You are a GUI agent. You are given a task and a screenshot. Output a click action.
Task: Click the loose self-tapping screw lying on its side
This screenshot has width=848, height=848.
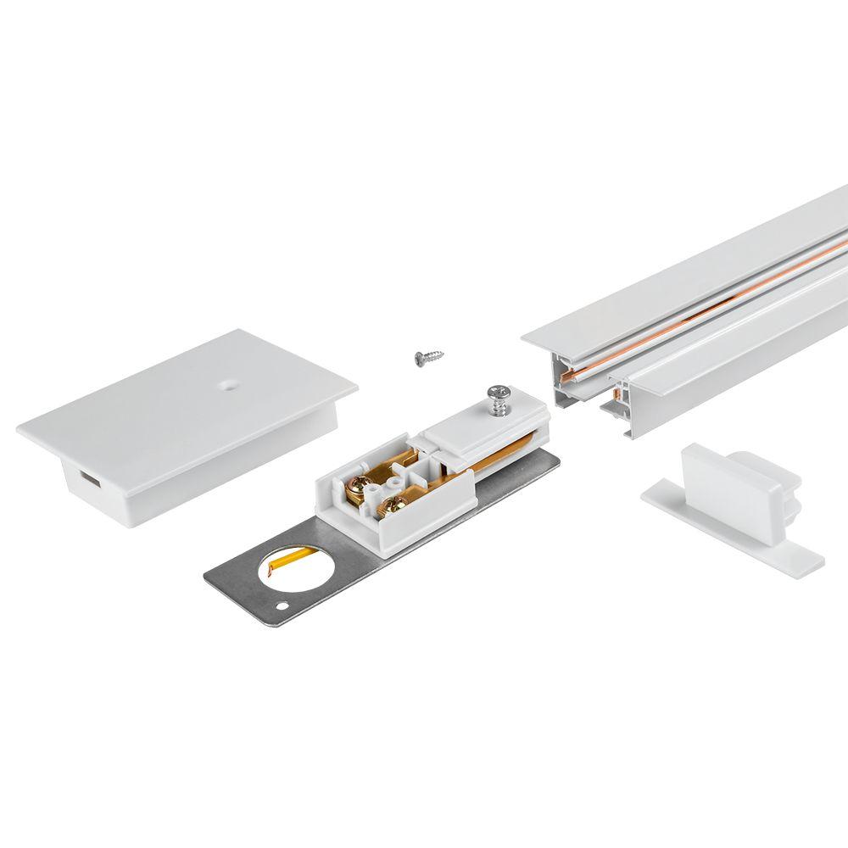click(x=429, y=357)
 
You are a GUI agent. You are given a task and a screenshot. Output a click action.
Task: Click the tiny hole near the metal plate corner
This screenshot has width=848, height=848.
click(x=282, y=607)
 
